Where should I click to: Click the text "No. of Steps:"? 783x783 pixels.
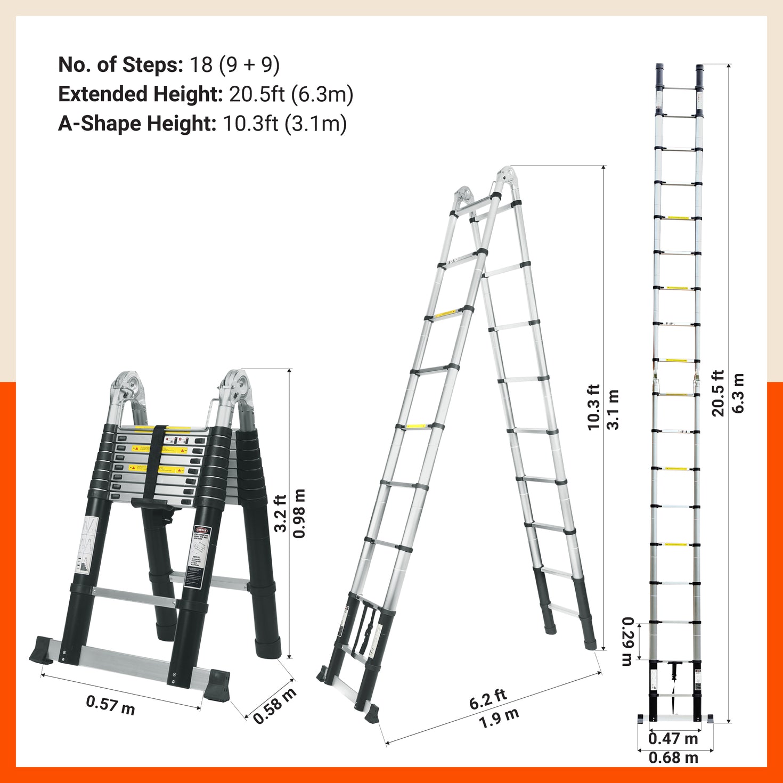(120, 64)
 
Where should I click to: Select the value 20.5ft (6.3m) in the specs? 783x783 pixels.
(291, 94)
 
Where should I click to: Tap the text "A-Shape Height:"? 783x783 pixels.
(137, 124)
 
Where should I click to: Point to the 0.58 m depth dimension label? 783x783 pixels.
(274, 706)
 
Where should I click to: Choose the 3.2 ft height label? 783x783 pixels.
(281, 513)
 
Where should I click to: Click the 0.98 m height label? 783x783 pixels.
(300, 513)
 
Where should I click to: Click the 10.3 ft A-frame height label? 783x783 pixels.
(593, 407)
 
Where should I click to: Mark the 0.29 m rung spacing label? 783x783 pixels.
(627, 641)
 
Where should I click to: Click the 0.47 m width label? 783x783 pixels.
(673, 739)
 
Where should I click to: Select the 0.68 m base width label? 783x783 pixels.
(673, 757)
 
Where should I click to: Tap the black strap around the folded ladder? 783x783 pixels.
(158, 463)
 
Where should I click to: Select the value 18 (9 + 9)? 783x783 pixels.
(234, 64)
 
